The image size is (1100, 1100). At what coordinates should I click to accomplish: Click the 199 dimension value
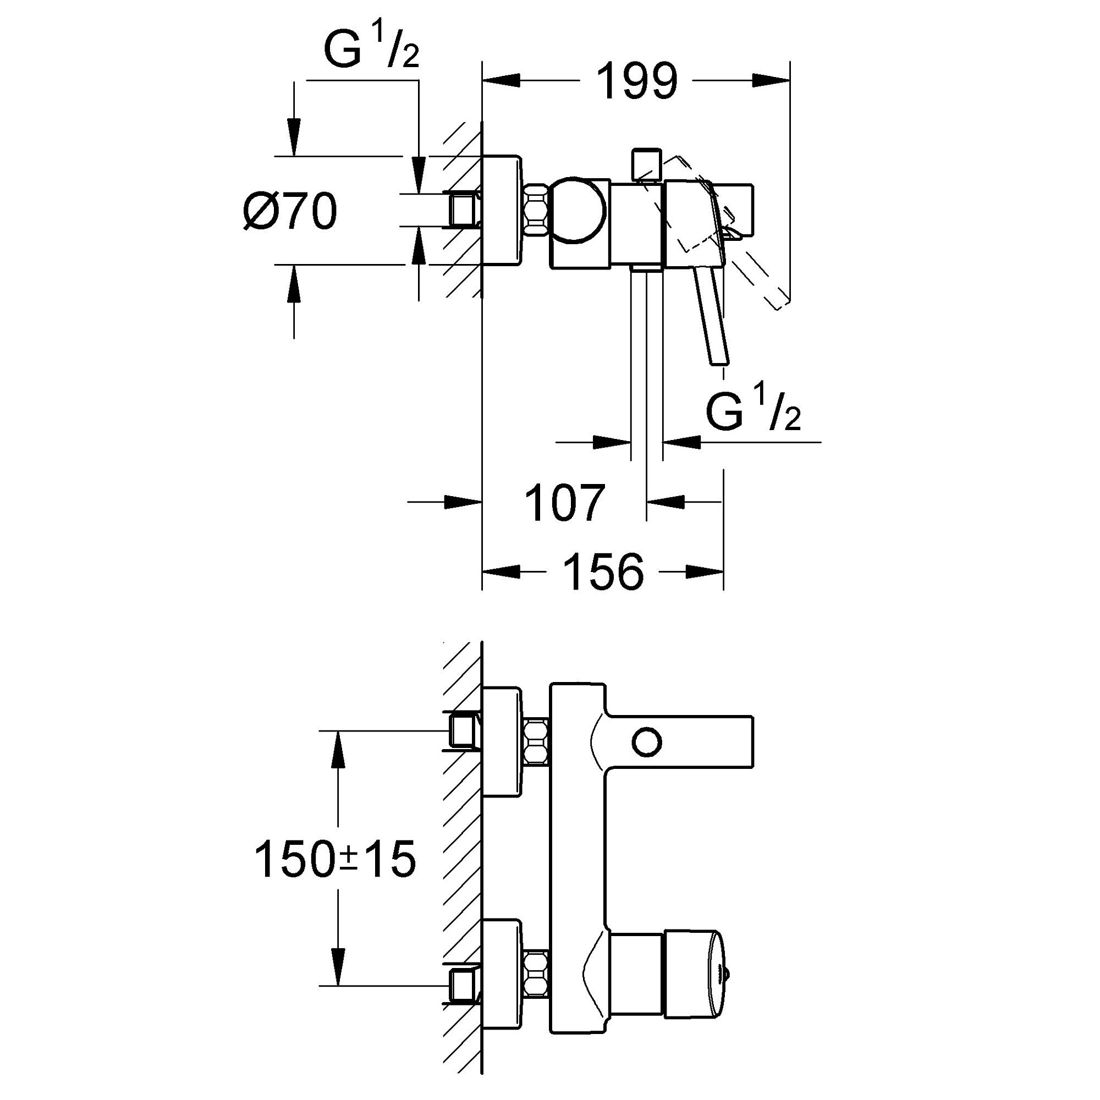[x=636, y=81]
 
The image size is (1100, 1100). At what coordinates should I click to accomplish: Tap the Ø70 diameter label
[x=290, y=211]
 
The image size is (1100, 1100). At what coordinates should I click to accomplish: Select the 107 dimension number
[x=564, y=503]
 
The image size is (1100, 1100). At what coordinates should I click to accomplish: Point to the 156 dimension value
[x=603, y=571]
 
